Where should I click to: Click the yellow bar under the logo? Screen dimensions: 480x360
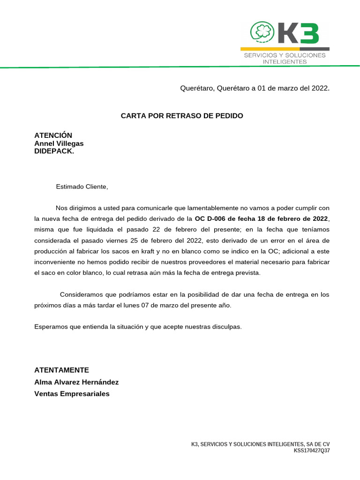click(x=270, y=49)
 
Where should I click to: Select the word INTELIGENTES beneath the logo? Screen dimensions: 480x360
click(x=285, y=61)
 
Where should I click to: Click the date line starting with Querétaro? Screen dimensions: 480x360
click(x=255, y=88)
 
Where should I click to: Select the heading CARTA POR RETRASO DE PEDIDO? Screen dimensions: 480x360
click(x=182, y=115)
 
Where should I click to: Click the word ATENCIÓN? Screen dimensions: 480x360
click(x=53, y=135)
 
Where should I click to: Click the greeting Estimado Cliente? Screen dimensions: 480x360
click(x=82, y=187)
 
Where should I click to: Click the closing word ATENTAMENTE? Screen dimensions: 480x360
click(x=61, y=370)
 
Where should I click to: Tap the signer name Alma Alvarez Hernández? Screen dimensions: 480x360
click(x=76, y=382)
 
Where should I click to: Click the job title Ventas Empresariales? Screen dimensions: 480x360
click(x=72, y=394)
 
